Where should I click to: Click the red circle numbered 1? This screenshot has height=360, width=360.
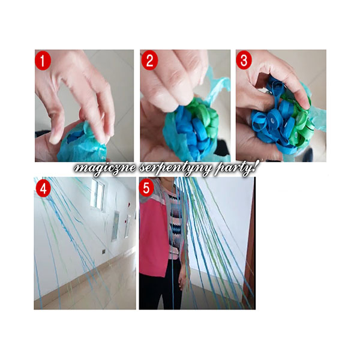pos(43,61)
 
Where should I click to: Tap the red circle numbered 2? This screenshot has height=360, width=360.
pos(149,61)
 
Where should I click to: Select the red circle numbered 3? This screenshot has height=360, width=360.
pos(244,60)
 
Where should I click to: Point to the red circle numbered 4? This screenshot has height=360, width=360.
pos(43,188)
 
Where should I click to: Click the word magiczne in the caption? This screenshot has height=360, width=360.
pos(105,169)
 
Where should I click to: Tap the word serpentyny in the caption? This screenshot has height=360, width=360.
pos(175,169)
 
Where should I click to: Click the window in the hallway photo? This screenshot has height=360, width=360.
pos(97,194)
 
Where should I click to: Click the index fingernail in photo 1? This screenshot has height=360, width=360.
pos(54,139)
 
